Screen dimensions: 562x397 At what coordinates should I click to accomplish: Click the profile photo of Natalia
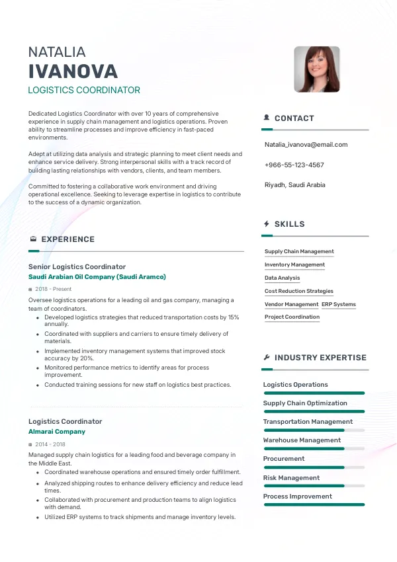pos(316,69)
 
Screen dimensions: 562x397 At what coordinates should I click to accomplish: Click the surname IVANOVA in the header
pos(73,71)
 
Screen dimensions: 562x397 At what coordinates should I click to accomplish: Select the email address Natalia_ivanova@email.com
pos(306,145)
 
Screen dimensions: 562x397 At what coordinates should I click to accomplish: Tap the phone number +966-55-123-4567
pos(294,165)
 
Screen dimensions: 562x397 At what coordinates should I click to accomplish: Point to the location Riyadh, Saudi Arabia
pos(294,185)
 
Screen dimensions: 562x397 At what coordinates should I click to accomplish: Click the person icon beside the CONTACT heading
pos(267,118)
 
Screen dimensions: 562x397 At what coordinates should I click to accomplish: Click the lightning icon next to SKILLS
pos(267,224)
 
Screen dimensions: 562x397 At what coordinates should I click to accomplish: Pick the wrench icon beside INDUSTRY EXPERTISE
pos(267,358)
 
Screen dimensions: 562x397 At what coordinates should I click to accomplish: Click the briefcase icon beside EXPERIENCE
pos(33,239)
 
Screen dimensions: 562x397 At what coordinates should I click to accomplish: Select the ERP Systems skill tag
pos(339,304)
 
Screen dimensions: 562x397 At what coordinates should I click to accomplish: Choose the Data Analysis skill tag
pos(282,278)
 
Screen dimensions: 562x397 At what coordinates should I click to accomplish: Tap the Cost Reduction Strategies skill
pos(299,291)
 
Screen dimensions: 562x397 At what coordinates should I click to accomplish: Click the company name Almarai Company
pos(57,432)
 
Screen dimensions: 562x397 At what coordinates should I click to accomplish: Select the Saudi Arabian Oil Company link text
pos(97,277)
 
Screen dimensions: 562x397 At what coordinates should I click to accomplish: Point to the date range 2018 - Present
pos(54,289)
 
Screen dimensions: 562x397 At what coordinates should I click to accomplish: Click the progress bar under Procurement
pos(314,467)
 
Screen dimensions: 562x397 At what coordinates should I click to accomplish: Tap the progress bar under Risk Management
pos(314,486)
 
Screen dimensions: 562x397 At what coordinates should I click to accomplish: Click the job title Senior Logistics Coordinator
pos(77,267)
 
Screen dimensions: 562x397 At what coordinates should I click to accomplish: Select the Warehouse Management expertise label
pos(302,440)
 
